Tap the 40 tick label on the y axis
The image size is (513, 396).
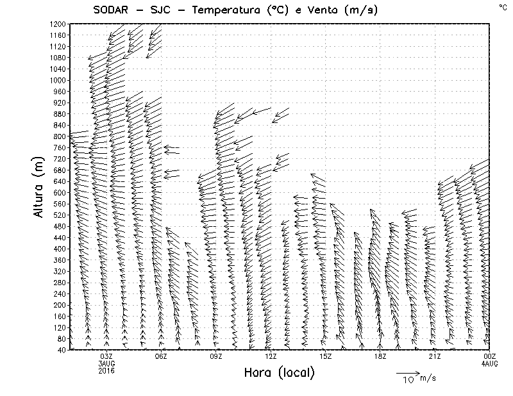tap(62, 349)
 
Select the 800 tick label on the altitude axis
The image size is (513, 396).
tap(60, 136)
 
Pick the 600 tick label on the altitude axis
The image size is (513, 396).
tap(60, 192)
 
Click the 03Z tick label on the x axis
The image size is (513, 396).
tap(106, 356)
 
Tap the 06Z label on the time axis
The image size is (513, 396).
tap(161, 356)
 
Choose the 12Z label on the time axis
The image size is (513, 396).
tap(271, 356)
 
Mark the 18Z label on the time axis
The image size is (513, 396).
tap(380, 356)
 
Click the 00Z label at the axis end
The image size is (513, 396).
tap(489, 356)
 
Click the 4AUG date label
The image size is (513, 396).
tap(489, 363)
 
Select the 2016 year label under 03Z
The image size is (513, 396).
tap(106, 370)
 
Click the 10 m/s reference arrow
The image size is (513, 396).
tap(407, 372)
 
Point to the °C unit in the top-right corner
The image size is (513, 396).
tap(502, 6)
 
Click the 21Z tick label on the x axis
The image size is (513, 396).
tap(435, 356)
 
